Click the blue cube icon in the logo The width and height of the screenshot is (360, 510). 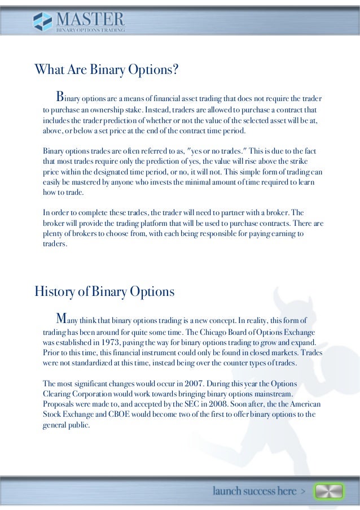42,22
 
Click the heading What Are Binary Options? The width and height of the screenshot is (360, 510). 107,70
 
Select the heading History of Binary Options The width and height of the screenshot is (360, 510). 104,292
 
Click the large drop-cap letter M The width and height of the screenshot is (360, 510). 60,316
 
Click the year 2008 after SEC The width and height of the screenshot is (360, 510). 216,404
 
